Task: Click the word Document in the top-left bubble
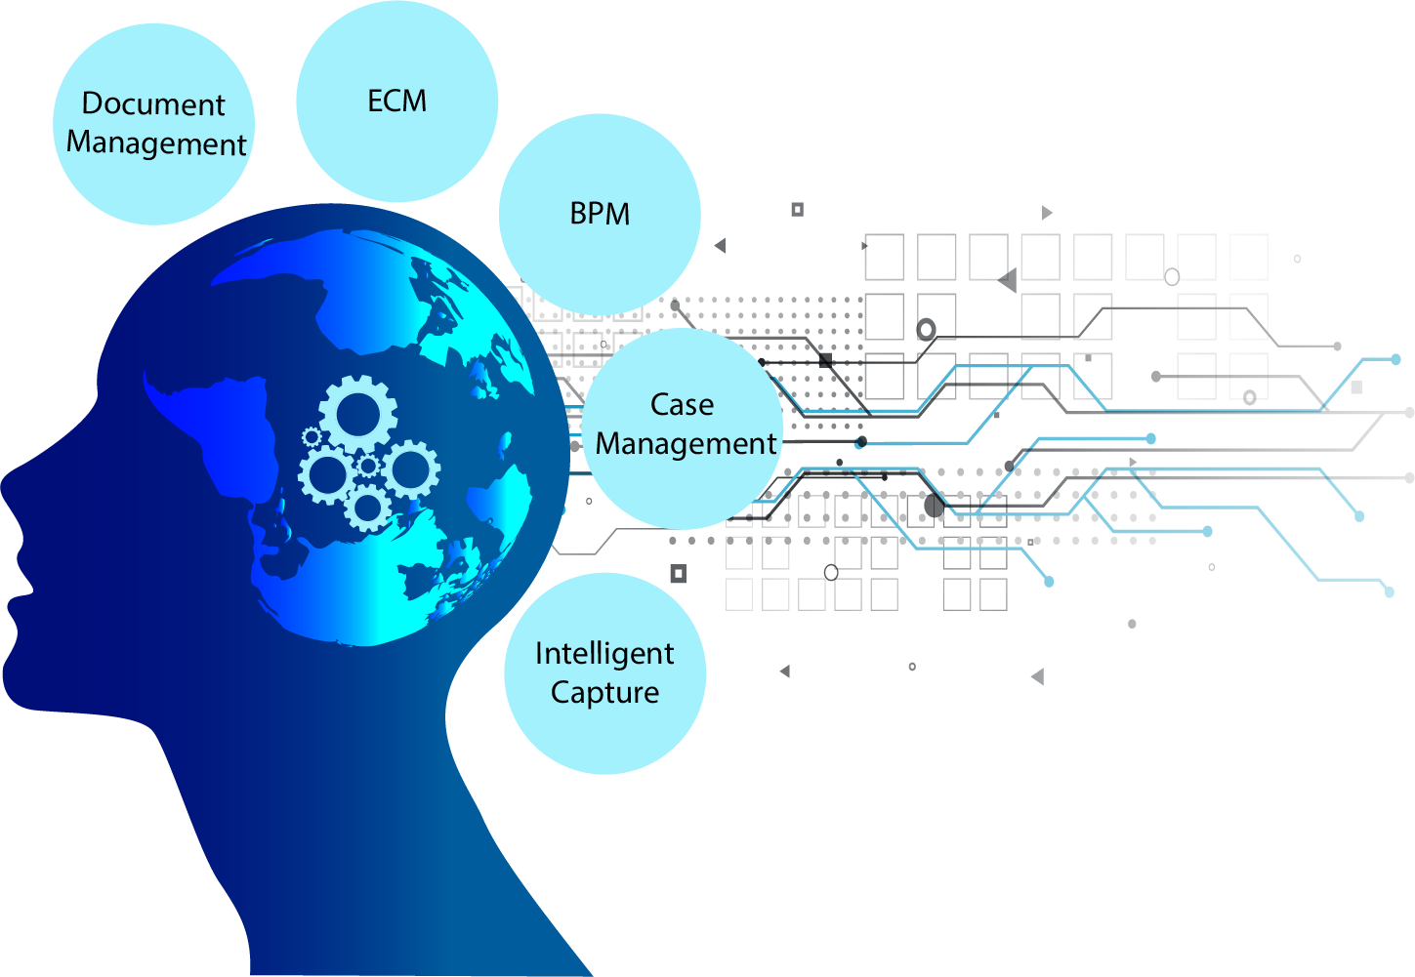153,103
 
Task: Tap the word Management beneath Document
156,143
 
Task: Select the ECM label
396,101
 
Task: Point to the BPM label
600,214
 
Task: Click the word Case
682,404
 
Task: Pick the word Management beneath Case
686,444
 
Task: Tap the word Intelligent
604,653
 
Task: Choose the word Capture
604,692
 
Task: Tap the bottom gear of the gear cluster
368,508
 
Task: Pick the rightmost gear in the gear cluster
410,469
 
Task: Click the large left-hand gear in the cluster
326,475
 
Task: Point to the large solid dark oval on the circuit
934,506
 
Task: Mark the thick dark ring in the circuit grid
926,329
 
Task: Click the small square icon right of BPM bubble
797,209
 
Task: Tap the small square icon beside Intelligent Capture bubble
678,573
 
